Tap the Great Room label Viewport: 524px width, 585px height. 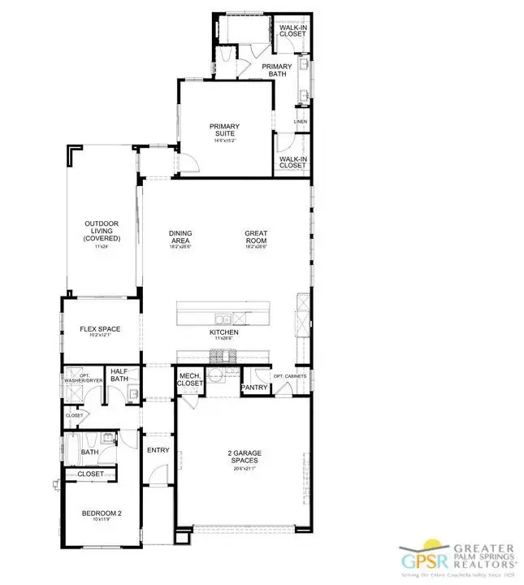click(x=257, y=237)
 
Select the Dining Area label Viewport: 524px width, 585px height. click(x=180, y=237)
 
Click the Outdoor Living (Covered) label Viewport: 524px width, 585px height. click(x=102, y=232)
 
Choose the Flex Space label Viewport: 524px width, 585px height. click(x=99, y=330)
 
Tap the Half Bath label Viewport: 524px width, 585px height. click(x=119, y=374)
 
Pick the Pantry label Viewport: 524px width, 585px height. click(x=253, y=388)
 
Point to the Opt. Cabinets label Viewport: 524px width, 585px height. click(x=288, y=377)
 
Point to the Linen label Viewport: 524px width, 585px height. click(x=301, y=122)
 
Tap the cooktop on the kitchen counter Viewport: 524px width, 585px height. click(x=221, y=355)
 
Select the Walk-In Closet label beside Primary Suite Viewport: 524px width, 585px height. click(x=292, y=162)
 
